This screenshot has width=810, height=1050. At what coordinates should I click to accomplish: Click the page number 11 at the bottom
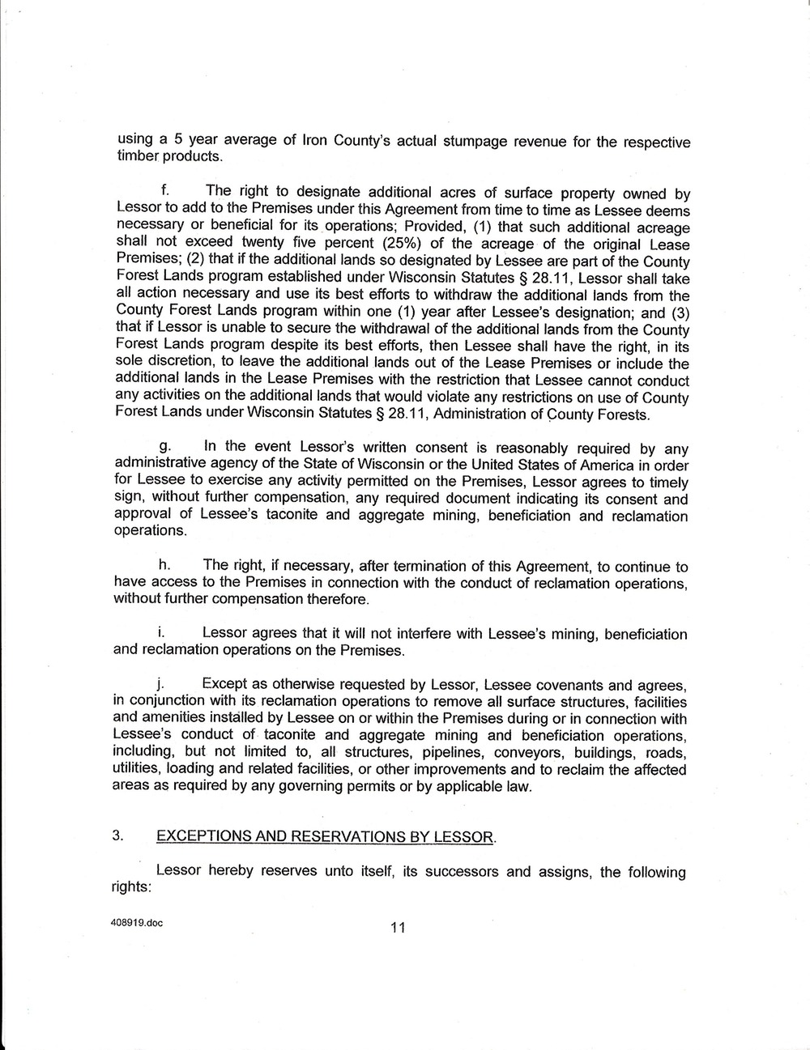[397, 928]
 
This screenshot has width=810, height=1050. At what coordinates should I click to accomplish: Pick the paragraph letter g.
[164, 447]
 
